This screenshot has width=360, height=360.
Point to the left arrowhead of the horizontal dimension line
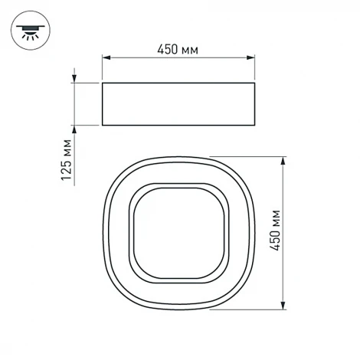[x=106, y=58]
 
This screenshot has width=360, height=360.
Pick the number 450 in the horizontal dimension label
[x=169, y=49]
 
